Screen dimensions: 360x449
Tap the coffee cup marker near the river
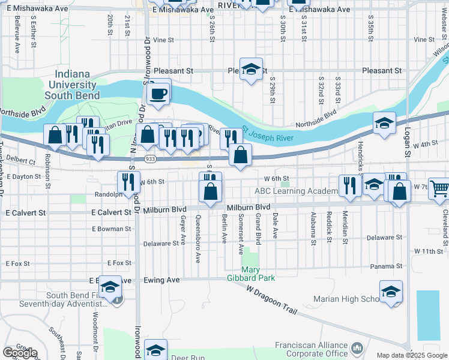tap(158, 94)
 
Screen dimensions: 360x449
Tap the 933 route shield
tap(151, 158)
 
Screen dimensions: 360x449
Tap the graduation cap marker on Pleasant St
tap(252, 69)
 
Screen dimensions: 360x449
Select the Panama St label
tap(386, 266)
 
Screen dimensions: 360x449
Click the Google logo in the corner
tap(20, 353)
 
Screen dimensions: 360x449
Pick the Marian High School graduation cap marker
tap(391, 293)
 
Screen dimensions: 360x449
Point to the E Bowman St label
tap(111, 229)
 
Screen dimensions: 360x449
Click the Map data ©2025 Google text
tap(412, 355)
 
